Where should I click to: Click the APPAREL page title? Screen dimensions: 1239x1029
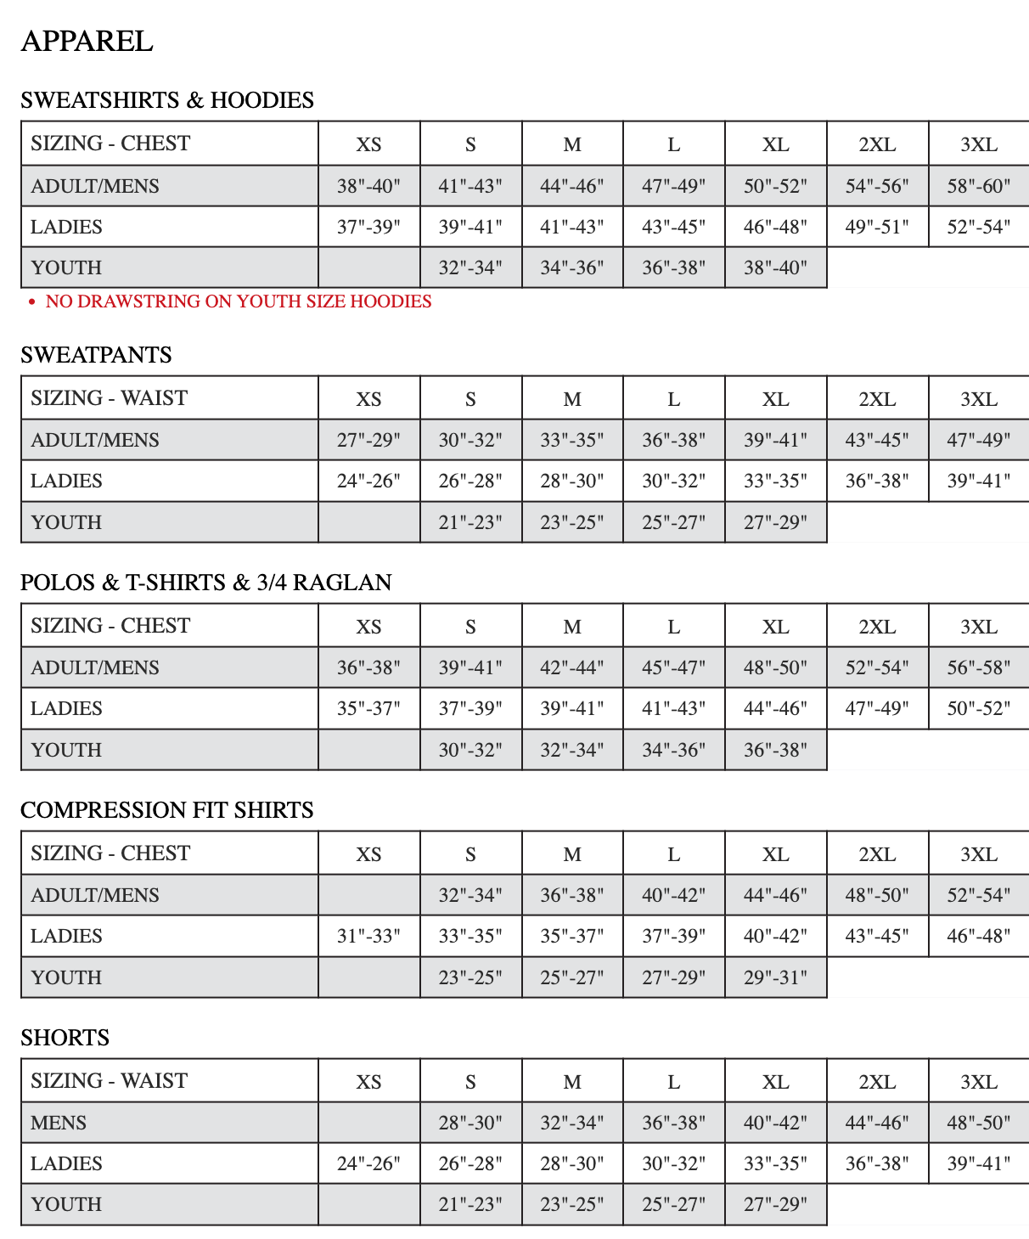click(x=87, y=41)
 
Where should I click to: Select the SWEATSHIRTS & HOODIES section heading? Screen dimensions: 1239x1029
click(x=167, y=100)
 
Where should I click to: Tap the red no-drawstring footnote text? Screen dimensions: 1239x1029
click(x=238, y=301)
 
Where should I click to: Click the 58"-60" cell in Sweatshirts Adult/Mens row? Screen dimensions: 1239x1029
click(x=979, y=186)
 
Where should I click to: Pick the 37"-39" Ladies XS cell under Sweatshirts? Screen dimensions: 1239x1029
click(x=368, y=227)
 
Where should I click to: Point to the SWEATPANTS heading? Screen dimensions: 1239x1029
click(x=96, y=355)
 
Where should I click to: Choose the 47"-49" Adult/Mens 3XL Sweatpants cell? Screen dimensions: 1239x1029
click(x=979, y=440)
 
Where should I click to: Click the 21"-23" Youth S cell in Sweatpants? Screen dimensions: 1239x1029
click(x=470, y=522)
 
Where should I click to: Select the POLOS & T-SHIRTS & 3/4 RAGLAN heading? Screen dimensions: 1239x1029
click(x=206, y=583)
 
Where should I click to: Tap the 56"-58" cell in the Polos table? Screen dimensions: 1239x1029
click(x=979, y=667)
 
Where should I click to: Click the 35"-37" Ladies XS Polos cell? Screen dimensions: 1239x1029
click(x=368, y=708)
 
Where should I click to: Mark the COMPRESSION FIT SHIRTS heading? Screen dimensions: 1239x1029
click(x=167, y=810)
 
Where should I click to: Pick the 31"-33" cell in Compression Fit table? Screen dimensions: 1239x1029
click(x=368, y=936)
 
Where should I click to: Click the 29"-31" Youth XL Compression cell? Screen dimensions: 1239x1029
click(x=775, y=977)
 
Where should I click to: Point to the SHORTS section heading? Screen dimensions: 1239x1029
click(x=65, y=1038)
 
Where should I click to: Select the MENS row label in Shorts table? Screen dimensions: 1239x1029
click(x=59, y=1123)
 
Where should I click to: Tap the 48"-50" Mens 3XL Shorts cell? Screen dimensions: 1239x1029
click(x=979, y=1123)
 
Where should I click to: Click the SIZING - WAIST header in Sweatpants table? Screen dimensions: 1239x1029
click(x=109, y=398)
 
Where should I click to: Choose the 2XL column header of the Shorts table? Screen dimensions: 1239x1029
click(x=877, y=1082)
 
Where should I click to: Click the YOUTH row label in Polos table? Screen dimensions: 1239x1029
click(x=66, y=750)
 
